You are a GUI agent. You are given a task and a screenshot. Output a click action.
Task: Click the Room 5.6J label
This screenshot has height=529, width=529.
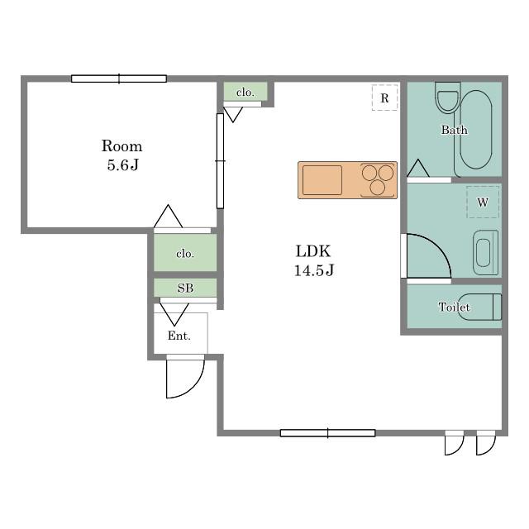122,155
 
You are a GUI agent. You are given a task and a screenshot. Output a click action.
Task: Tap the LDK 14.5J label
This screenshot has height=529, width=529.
314,260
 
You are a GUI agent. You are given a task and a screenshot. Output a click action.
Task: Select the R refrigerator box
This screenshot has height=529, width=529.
384,98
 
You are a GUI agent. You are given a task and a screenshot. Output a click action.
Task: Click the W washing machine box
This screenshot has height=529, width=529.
483,202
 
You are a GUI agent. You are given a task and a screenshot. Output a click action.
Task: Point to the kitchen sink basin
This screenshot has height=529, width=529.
322,180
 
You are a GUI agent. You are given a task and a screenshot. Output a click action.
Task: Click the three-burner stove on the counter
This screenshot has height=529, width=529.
378,180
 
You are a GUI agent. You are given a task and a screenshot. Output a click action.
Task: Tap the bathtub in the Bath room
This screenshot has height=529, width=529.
476,130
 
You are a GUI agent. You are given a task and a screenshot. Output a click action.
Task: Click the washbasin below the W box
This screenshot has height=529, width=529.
485,252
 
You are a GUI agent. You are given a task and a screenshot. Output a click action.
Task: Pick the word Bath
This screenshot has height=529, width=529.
455,130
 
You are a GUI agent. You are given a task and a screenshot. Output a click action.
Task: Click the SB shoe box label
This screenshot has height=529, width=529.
185,288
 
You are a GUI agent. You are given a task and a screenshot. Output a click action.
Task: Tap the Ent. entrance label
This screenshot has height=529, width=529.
179,336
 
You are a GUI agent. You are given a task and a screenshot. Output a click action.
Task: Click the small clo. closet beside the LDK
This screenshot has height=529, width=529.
245,91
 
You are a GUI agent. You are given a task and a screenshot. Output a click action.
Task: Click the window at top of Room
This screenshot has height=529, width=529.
119,79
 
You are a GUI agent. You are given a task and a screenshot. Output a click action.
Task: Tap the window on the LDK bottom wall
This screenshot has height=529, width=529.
327,433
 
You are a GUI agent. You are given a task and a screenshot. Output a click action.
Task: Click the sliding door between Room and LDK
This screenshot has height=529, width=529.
220,161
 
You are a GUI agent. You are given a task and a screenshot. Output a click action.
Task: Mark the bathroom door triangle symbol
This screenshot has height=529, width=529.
418,168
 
